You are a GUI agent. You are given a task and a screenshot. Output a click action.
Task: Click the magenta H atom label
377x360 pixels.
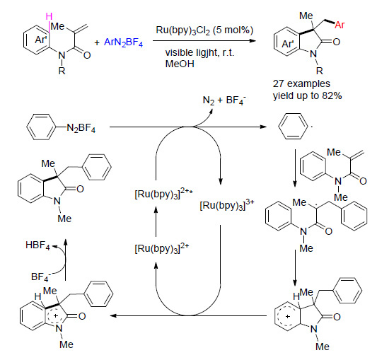[49, 16]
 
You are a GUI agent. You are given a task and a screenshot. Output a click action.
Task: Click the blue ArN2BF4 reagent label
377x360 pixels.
[123, 42]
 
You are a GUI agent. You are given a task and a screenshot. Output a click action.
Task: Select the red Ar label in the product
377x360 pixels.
[340, 25]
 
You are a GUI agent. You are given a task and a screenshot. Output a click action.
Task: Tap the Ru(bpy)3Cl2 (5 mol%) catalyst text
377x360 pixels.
[204, 30]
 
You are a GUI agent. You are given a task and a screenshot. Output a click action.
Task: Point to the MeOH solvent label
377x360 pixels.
[180, 64]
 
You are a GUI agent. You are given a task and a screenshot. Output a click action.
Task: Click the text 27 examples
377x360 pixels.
[301, 83]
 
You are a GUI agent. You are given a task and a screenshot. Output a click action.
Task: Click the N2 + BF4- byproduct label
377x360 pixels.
[224, 100]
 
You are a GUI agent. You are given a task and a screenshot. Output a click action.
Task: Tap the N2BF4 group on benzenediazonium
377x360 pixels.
[81, 128]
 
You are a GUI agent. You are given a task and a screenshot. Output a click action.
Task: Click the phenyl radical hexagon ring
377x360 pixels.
[293, 126]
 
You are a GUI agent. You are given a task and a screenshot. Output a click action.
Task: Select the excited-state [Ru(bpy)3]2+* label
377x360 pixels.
[163, 194]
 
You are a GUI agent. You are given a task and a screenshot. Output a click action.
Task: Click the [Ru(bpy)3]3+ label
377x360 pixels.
[227, 205]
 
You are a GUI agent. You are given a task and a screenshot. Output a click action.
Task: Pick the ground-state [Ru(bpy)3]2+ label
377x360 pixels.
[162, 248]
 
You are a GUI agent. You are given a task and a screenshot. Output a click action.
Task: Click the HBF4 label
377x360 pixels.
[37, 245]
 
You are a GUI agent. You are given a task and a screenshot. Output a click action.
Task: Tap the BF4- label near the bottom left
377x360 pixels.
[41, 277]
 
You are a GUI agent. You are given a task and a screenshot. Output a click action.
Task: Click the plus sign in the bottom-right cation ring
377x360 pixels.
[288, 316]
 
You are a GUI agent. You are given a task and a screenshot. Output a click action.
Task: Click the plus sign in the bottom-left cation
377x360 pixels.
[56, 315]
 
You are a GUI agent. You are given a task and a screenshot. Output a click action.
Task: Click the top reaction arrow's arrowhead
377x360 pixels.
[252, 40]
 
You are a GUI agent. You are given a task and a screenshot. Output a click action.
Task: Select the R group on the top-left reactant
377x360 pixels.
[62, 71]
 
